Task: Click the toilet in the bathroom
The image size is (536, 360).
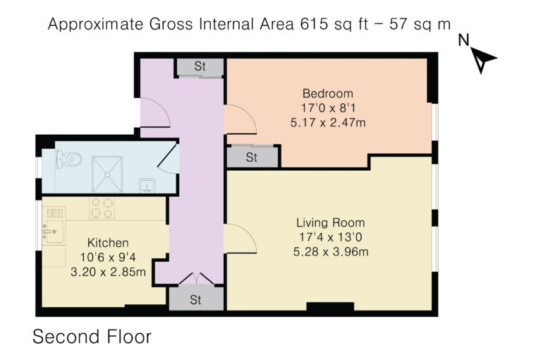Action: pyautogui.click(x=68, y=160)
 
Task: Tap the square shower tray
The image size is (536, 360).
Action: pyautogui.click(x=107, y=174)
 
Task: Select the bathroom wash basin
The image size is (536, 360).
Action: pyautogui.click(x=147, y=186)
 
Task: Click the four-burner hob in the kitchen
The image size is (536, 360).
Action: pyautogui.click(x=102, y=208)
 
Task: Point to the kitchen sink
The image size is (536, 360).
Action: pyautogui.click(x=54, y=232)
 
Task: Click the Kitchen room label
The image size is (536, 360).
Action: pyautogui.click(x=108, y=243)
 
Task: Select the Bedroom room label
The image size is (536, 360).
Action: pyautogui.click(x=328, y=93)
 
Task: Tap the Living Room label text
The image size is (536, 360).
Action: pyautogui.click(x=331, y=223)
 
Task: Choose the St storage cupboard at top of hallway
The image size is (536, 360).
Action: pyautogui.click(x=200, y=67)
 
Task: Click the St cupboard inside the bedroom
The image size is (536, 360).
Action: pyautogui.click(x=252, y=157)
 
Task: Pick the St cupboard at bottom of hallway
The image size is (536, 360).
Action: pyautogui.click(x=196, y=299)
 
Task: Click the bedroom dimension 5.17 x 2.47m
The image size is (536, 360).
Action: pyautogui.click(x=328, y=122)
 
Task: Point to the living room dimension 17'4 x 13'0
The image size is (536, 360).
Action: pyautogui.click(x=331, y=237)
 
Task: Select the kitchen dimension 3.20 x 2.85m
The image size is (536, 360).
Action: pyautogui.click(x=108, y=272)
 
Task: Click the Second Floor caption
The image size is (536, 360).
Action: pyautogui.click(x=92, y=337)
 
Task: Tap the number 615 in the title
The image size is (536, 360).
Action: pyautogui.click(x=312, y=24)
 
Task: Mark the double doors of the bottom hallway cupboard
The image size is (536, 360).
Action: pyautogui.click(x=196, y=279)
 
